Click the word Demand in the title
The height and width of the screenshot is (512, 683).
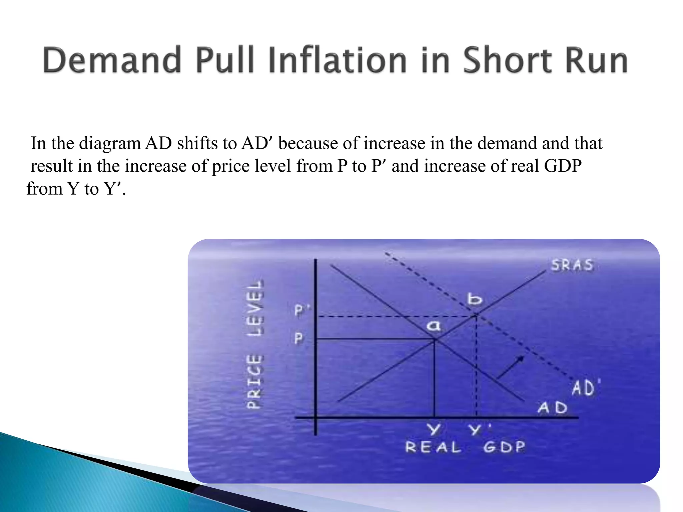(x=112, y=60)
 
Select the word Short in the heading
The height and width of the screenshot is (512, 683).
(x=507, y=60)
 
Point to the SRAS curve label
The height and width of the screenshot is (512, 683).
(x=572, y=265)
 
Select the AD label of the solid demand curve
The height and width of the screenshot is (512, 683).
(x=552, y=408)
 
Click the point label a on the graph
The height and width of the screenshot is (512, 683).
(x=434, y=325)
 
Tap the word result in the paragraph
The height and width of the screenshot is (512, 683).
(x=51, y=166)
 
